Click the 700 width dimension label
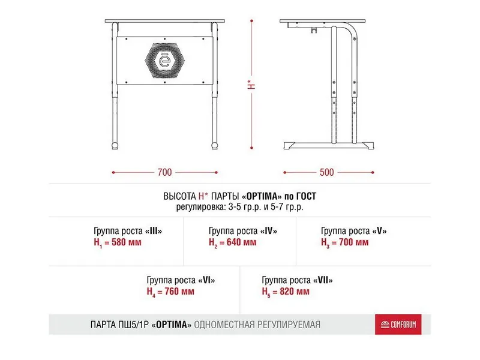pos(164,173)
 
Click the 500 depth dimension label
pos(326,173)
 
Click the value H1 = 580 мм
pos(119,242)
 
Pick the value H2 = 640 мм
pos(232,242)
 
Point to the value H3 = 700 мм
pos(345,242)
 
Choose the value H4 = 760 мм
pos(170,292)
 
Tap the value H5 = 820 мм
pos(286,292)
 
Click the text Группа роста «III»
pos(128,231)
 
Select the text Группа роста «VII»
pos(297,280)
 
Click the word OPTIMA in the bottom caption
pos(173,325)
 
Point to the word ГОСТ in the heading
pos(303,196)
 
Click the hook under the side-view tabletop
pos(314,29)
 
